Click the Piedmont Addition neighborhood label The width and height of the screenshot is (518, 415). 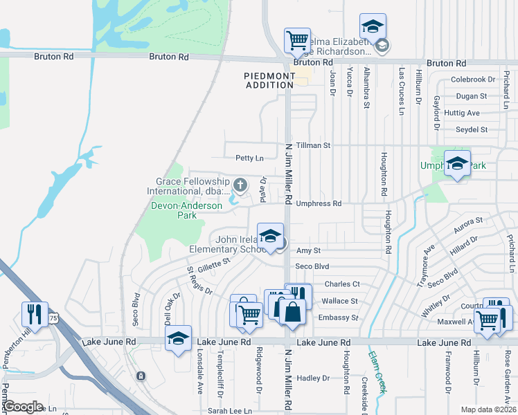(x=269, y=80)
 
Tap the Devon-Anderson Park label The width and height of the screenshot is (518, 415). (x=187, y=210)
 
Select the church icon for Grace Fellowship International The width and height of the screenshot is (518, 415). (x=240, y=184)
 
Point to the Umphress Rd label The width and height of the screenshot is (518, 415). (x=319, y=203)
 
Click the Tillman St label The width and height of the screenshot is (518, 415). (x=314, y=146)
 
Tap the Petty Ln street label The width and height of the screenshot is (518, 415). (x=249, y=158)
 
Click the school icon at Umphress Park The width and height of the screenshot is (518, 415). (x=457, y=163)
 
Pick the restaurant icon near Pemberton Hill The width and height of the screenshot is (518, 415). (x=34, y=314)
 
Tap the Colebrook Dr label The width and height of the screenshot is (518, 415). (x=473, y=80)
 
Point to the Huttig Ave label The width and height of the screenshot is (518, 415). (x=462, y=113)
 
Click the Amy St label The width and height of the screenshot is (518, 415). (x=308, y=251)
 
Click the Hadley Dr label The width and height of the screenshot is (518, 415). (x=313, y=378)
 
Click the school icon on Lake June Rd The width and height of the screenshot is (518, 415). (x=179, y=338)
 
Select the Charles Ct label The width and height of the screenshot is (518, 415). (x=342, y=284)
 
